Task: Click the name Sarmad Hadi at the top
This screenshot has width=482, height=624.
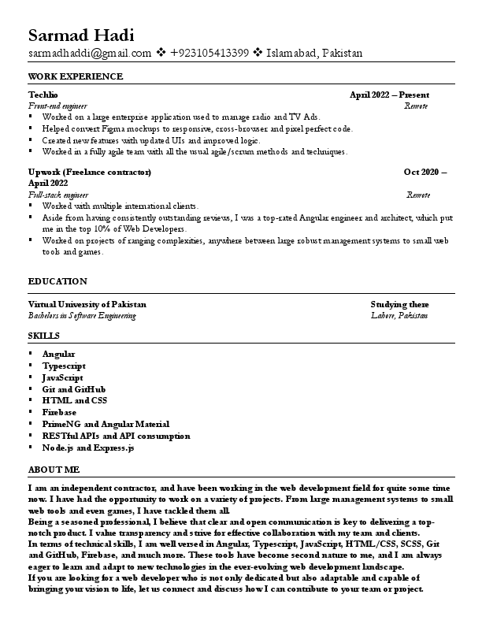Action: (x=81, y=35)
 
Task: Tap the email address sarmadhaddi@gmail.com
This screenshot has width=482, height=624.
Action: (x=90, y=54)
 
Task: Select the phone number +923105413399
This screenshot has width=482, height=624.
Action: (x=209, y=54)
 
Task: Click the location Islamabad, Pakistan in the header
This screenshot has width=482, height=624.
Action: (x=315, y=54)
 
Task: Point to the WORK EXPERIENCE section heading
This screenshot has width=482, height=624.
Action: (x=76, y=76)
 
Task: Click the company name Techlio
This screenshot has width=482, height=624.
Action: (x=43, y=95)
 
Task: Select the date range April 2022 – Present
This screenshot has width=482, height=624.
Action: (x=389, y=95)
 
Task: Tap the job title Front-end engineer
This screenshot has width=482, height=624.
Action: (x=57, y=105)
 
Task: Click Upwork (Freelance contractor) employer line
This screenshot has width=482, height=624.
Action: (x=89, y=172)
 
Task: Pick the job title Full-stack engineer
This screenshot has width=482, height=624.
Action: (x=58, y=194)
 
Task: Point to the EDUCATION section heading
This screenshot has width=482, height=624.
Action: (x=57, y=281)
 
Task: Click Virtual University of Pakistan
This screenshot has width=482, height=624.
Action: (x=87, y=304)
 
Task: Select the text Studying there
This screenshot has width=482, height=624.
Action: (x=399, y=304)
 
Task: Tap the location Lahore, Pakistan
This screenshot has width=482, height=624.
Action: (x=399, y=315)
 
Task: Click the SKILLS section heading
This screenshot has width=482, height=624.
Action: (x=43, y=336)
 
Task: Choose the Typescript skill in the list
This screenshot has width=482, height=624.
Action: (x=65, y=366)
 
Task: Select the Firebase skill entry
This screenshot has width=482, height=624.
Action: (x=60, y=412)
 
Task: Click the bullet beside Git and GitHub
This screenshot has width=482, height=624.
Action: (x=31, y=389)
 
